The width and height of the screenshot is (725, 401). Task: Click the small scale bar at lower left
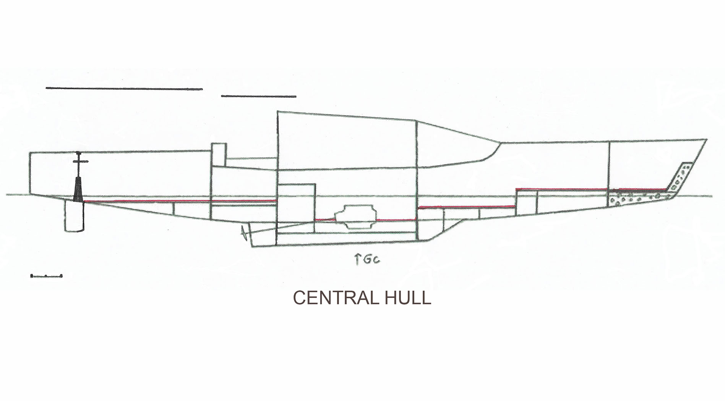[x=46, y=276]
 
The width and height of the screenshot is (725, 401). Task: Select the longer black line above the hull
[x=124, y=89]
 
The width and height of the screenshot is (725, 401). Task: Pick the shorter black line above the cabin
[x=259, y=96]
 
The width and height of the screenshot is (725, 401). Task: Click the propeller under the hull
[x=243, y=233]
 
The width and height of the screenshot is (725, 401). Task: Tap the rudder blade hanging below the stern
[x=74, y=216]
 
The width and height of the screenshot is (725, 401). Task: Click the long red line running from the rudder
[x=180, y=201]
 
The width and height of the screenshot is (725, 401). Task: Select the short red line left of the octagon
[x=325, y=220]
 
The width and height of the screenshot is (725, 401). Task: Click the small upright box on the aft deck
[x=219, y=155]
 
